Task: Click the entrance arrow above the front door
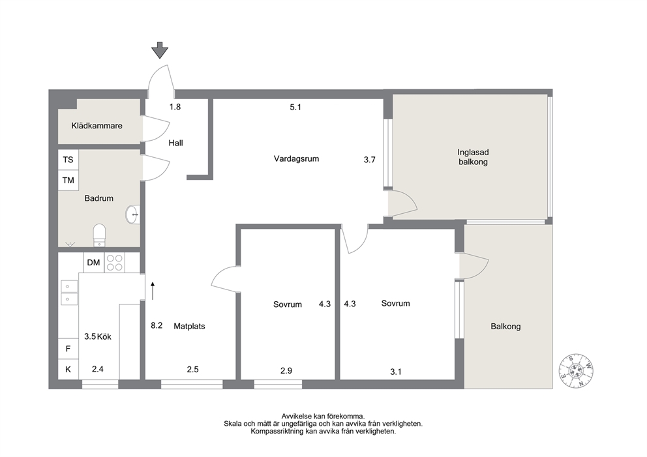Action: click(160, 50)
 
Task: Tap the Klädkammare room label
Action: click(97, 126)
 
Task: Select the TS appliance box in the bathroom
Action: click(68, 160)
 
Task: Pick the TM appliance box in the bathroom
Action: click(68, 180)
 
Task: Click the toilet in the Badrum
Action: click(99, 235)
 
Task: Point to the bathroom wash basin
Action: click(133, 214)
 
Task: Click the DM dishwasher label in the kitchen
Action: click(94, 262)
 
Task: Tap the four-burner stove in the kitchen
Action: click(115, 262)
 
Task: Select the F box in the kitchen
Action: click(68, 349)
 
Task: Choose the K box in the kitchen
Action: click(68, 370)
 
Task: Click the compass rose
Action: click(576, 371)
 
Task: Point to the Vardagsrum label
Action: click(296, 159)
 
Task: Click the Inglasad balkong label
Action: click(474, 157)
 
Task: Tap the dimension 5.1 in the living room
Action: click(295, 107)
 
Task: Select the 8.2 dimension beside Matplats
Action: click(157, 325)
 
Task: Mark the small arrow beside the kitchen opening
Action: click(153, 291)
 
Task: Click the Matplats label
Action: click(189, 326)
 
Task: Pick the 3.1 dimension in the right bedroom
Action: click(396, 372)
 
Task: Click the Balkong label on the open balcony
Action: click(505, 327)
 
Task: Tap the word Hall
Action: click(176, 143)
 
